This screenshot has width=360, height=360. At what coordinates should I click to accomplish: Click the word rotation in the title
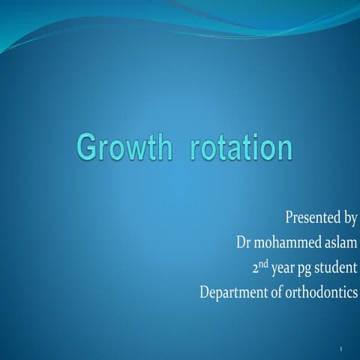240,147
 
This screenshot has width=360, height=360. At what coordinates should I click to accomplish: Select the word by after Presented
348,219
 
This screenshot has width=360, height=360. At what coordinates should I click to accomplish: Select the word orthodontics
320,292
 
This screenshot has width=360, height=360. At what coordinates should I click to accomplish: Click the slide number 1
340,349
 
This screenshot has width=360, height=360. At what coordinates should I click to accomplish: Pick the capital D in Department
205,292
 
